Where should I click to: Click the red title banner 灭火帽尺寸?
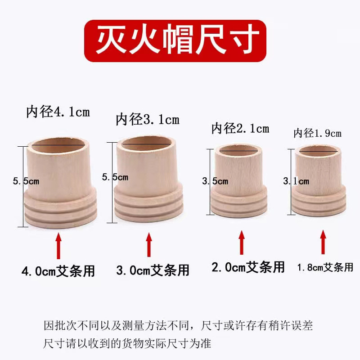175,40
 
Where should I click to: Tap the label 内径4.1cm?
58,112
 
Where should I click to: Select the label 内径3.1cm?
148,120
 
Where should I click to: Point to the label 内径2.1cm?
240,128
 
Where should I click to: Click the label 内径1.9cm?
318,133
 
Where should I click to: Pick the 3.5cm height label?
215,181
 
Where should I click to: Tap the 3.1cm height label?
296,181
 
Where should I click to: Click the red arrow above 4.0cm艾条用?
59,246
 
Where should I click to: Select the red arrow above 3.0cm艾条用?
149,245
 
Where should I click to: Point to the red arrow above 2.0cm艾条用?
242,243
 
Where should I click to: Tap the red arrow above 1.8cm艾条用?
323,242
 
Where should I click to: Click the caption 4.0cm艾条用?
58,271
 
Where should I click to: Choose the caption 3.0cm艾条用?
153,270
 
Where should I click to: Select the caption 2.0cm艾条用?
248,267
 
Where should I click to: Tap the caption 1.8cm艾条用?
325,267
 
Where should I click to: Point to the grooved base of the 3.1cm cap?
149,204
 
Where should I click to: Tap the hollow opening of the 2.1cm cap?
238,150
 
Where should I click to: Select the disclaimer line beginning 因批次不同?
178,325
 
